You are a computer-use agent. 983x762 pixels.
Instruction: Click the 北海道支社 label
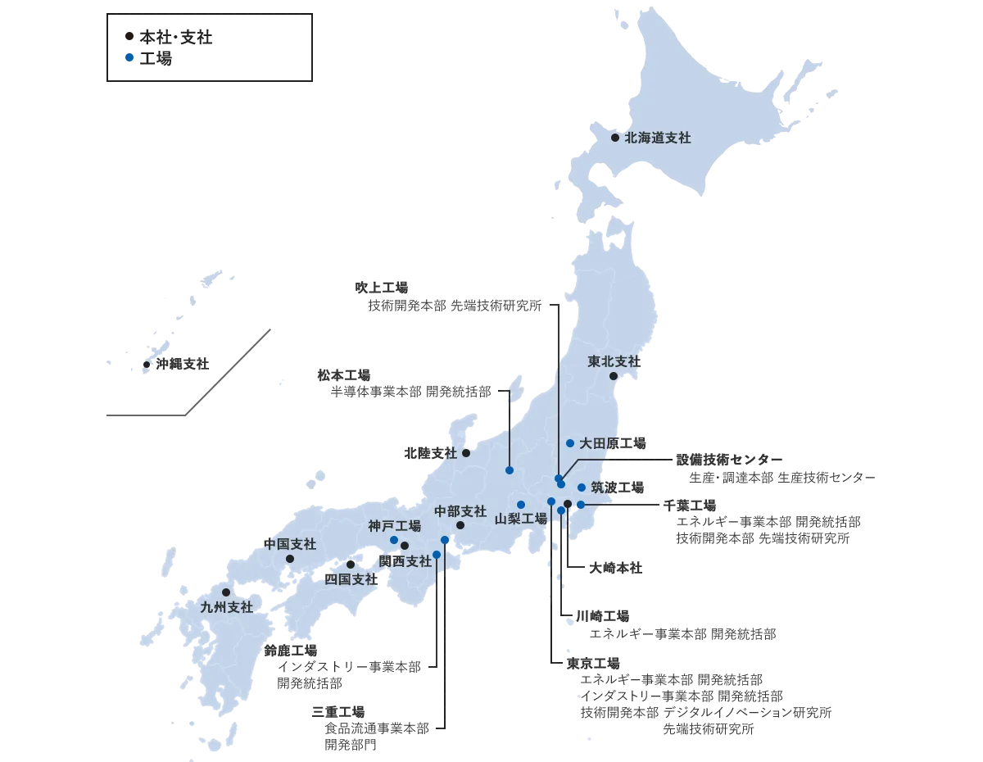[x=657, y=138]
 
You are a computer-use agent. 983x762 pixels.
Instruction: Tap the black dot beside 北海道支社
[x=615, y=138]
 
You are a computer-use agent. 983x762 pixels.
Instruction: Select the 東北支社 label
[x=614, y=361]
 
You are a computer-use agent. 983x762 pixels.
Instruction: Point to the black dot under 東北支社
[x=614, y=376]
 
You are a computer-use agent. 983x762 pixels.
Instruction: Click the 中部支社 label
[x=460, y=510]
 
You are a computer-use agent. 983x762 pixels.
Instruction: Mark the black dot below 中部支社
[x=460, y=525]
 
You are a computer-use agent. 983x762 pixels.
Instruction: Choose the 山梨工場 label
[x=521, y=519]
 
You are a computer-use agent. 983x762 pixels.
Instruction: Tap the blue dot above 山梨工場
[x=521, y=504]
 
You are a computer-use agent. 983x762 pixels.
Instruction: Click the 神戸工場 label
[x=394, y=526]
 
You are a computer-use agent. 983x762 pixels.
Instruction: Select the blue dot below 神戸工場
[x=394, y=540]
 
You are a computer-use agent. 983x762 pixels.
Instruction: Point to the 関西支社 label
[x=406, y=561]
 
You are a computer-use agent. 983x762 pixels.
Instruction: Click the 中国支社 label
[x=289, y=544]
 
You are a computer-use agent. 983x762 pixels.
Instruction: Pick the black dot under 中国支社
[x=289, y=559]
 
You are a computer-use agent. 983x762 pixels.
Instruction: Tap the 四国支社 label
[x=351, y=578]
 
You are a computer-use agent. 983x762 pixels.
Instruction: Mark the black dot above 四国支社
[x=351, y=565]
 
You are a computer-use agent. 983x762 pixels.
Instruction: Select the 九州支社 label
[x=227, y=607]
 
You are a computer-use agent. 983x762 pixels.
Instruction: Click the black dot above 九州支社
[x=226, y=592]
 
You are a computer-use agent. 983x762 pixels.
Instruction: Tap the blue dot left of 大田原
[x=570, y=443]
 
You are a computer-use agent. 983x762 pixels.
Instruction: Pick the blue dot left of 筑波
[x=582, y=488]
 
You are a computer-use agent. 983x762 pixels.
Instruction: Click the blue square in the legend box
[x=129, y=58]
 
